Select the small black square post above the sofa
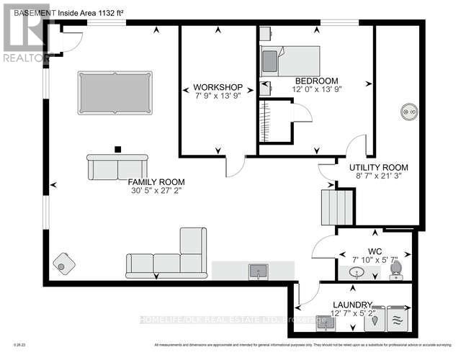click(116, 150)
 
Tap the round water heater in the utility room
click(408, 111)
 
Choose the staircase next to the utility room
click(336, 207)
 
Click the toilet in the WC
click(395, 269)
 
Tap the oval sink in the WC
click(357, 274)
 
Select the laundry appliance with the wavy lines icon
click(397, 319)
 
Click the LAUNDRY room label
click(352, 305)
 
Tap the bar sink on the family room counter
click(258, 271)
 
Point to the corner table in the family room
click(62, 264)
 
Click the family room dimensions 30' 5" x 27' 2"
click(156, 192)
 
